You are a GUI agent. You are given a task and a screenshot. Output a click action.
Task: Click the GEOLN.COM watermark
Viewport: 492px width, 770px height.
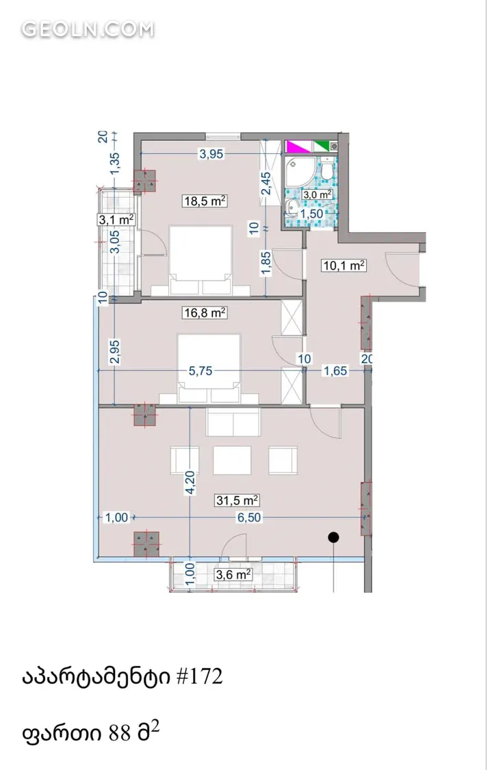pos(88,29)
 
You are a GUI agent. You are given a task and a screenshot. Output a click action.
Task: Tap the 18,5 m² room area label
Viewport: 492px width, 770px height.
pos(205,201)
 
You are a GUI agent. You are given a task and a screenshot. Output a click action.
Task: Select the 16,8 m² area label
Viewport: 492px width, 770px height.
pos(205,312)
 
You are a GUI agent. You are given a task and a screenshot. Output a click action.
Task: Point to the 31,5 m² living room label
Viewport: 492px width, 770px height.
pos(237,500)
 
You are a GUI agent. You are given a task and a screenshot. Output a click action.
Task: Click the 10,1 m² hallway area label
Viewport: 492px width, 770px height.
pos(344,266)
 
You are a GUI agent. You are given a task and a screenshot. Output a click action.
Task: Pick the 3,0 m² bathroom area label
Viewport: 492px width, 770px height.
pos(318,194)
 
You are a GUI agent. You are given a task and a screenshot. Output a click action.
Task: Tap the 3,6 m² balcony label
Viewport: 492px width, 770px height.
pos(234,574)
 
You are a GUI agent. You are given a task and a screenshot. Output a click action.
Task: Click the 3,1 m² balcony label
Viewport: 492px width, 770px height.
pos(116,220)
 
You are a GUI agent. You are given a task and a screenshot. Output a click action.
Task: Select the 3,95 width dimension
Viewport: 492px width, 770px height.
pos(211,154)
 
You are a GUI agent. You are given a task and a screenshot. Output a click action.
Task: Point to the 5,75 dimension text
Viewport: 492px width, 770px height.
pos(200,371)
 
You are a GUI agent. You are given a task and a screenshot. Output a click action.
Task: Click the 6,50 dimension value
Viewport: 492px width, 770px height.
pos(250,517)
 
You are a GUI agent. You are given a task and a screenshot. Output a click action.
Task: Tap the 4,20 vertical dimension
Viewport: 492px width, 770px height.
pos(190,483)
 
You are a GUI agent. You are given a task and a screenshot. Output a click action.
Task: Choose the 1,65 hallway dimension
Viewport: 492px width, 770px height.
pos(335,371)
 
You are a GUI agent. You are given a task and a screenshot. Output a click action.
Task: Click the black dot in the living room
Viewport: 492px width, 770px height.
pos(333,538)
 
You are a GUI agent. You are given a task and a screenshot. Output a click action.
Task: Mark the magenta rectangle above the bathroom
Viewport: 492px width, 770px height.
pos(298,146)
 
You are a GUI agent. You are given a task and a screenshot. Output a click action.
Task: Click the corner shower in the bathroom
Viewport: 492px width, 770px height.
pos(300,172)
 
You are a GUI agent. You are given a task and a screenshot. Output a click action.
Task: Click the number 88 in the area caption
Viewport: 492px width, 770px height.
pos(120,733)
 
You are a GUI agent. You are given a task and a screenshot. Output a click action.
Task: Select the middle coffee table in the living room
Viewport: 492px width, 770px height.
pos(232,460)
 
